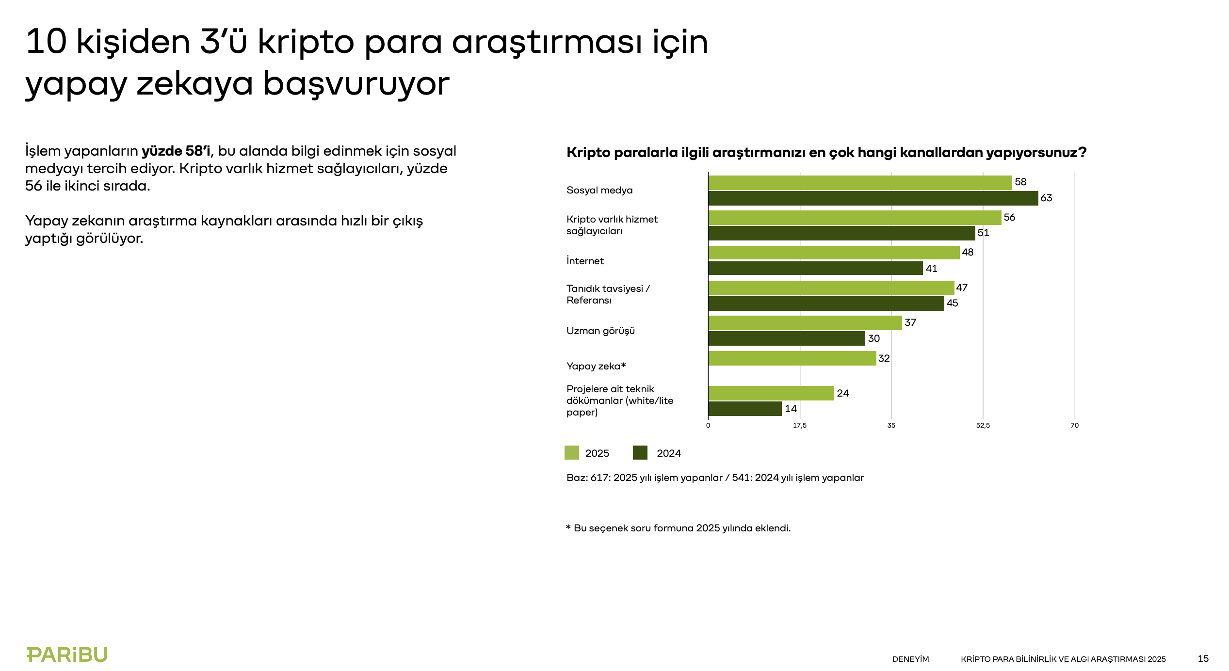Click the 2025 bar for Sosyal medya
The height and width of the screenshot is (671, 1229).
pyautogui.click(x=859, y=183)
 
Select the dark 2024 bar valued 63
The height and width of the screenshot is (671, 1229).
pyautogui.click(x=873, y=198)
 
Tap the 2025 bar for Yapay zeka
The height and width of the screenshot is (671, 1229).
pyautogui.click(x=792, y=358)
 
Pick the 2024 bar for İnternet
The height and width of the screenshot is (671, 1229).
pyautogui.click(x=815, y=268)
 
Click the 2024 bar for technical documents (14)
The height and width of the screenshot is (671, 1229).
pyautogui.click(x=744, y=409)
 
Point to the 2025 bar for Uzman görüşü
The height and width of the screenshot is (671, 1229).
pyautogui.click(x=805, y=323)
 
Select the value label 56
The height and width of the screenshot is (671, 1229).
pyautogui.click(x=1009, y=218)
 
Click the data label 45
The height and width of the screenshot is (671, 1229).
pyautogui.click(x=952, y=304)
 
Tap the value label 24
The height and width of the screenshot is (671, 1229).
pyautogui.click(x=843, y=393)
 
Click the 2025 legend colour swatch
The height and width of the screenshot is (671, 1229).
pyautogui.click(x=572, y=453)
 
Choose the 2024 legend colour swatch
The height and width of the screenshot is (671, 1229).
pyautogui.click(x=640, y=453)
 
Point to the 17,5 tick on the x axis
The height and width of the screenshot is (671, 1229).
pyautogui.click(x=800, y=426)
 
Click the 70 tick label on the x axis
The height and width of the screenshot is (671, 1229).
pyautogui.click(x=1075, y=426)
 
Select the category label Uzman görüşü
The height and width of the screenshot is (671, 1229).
pyautogui.click(x=600, y=331)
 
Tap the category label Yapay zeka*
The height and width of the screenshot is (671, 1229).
pyautogui.click(x=596, y=367)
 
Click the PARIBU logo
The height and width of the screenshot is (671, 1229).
pyautogui.click(x=67, y=655)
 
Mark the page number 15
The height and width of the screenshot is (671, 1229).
pyautogui.click(x=1203, y=659)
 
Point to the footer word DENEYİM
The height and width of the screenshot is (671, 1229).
pyautogui.click(x=910, y=659)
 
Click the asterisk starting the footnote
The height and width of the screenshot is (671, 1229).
pyautogui.click(x=568, y=527)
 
